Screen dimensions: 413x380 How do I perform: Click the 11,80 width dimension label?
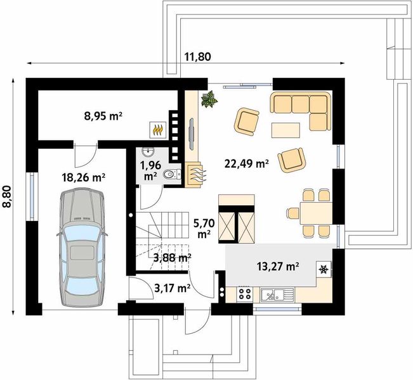click(198, 56)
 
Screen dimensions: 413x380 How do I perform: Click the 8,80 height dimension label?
click(7, 197)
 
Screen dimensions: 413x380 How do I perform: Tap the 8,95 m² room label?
click(103, 116)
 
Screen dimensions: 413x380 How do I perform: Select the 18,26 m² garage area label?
click(84, 177)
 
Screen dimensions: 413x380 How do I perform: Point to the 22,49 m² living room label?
click(247, 164)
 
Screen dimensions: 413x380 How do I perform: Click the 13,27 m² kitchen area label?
click(278, 267)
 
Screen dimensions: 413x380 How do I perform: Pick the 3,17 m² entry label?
click(173, 289)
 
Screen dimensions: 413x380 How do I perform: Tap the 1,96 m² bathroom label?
click(150, 170)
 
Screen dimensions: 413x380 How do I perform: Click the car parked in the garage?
click(82, 247)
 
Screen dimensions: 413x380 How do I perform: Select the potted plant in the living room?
click(209, 99)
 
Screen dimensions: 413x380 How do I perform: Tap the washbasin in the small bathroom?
click(148, 152)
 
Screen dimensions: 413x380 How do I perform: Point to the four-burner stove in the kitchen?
click(245, 294)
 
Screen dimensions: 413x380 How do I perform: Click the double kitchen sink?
click(277, 294)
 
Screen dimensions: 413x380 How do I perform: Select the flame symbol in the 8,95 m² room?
click(158, 130)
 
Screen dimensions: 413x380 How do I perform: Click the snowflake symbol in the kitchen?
click(324, 269)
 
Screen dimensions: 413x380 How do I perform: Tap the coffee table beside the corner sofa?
click(285, 130)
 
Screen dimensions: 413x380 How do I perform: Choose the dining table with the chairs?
click(316, 213)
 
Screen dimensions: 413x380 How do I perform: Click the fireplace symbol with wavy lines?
click(195, 175)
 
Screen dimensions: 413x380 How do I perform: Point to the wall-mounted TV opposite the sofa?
click(192, 134)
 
